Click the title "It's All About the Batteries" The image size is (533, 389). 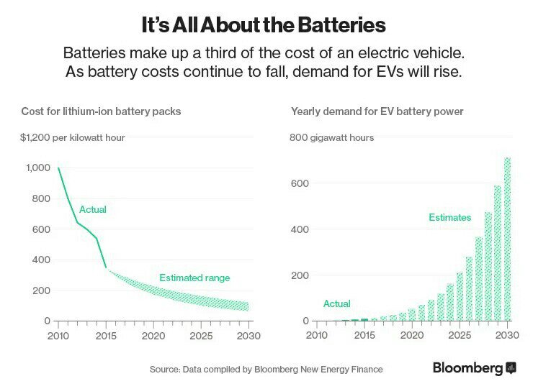264,25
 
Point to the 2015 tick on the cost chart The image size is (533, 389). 106,336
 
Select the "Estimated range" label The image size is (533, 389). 194,278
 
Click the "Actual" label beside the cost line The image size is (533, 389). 93,210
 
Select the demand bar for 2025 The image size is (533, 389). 460,296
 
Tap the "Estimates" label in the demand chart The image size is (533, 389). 449,217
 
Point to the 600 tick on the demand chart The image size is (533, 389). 300,183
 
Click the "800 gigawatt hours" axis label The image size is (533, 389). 331,137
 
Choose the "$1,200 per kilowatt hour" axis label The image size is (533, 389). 73,137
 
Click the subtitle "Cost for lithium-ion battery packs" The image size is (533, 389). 101,111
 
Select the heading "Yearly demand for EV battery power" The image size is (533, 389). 377,111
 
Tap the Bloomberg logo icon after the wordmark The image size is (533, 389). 511,367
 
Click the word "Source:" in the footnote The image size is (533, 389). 165,370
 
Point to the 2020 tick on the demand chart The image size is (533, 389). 412,336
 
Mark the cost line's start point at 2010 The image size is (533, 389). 58,168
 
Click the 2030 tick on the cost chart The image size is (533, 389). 248,336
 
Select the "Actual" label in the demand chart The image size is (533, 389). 337,303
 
